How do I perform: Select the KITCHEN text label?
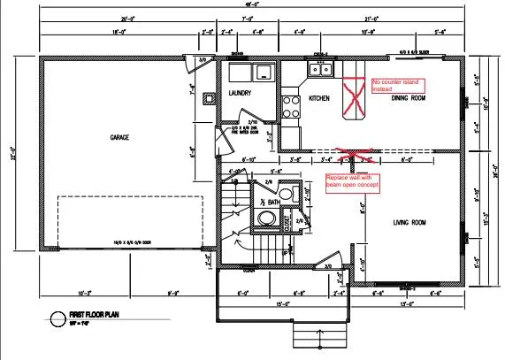pyautogui.click(x=318, y=99)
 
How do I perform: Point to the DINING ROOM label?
pyautogui.click(x=409, y=98)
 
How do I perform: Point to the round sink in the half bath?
pyautogui.click(x=265, y=218)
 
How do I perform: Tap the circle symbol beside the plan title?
pyautogui.click(x=58, y=318)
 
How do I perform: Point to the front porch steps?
pyautogui.click(x=305, y=336)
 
